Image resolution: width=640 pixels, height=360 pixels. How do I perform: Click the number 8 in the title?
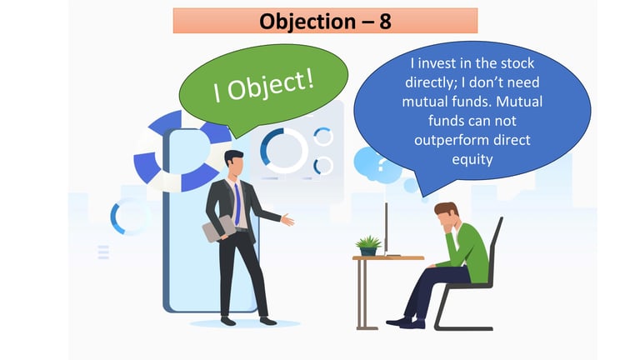pos(385,21)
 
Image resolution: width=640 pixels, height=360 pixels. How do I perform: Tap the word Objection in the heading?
pos(307,21)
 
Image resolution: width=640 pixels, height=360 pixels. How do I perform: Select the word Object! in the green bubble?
pos(270,85)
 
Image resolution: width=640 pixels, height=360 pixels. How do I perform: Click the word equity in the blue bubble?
pos(472,159)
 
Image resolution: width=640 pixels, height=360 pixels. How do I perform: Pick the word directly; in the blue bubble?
pos(431,82)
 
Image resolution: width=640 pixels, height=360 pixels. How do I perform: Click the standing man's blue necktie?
pos(237,204)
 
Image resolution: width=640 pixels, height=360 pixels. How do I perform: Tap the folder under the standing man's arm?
pos(218,228)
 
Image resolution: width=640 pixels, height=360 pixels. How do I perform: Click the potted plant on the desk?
pos(368,246)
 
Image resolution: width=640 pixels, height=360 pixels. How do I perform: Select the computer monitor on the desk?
pos(387,228)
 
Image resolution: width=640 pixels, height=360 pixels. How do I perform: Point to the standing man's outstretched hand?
pos(287,220)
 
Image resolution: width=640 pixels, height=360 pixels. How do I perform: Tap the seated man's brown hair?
pos(446,209)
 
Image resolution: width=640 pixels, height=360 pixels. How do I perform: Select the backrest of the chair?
pos(495,249)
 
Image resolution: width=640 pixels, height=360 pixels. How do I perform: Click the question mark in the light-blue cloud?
pos(381,165)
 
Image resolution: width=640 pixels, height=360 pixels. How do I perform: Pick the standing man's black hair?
pos(233,157)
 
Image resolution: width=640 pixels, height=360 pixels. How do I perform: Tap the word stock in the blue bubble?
pos(517,63)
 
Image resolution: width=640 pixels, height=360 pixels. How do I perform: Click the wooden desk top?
pos(388,258)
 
